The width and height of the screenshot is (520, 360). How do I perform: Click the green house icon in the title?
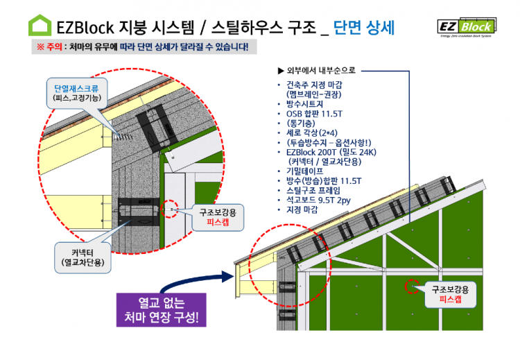point(40,26)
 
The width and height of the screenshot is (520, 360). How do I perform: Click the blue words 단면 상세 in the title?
point(363,28)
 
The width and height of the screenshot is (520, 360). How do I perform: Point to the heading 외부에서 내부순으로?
point(315,70)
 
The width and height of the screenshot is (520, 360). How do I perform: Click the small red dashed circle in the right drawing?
point(413,285)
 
